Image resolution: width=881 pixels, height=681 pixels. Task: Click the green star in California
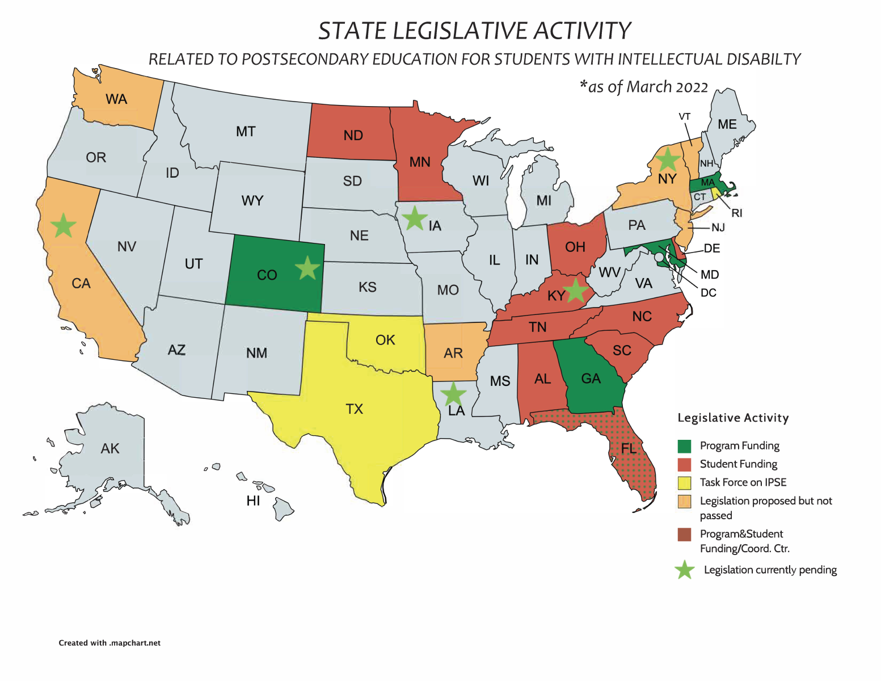[x=64, y=226]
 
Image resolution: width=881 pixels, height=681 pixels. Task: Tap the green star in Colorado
[x=307, y=267]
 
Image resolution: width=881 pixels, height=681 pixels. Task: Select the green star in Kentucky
[x=576, y=290]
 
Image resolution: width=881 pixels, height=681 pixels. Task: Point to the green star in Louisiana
[x=453, y=393]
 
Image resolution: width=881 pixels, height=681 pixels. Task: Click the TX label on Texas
[x=355, y=409]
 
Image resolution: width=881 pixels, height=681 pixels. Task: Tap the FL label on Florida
[x=629, y=449]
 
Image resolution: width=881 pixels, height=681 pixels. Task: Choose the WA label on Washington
[x=116, y=99]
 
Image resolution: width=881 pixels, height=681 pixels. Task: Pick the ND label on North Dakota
[x=353, y=136]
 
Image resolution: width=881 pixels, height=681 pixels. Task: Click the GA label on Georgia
[x=591, y=379]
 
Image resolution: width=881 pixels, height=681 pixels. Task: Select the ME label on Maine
[x=727, y=124]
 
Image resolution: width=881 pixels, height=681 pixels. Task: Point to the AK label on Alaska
[x=110, y=449]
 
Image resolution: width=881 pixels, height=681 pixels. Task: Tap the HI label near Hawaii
[x=253, y=501]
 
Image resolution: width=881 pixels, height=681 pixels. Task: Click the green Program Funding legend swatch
[x=685, y=446]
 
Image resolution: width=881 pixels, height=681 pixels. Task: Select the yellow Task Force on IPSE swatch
[x=685, y=483]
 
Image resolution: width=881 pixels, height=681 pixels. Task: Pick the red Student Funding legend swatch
[x=685, y=464]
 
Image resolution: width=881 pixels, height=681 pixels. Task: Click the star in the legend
[x=685, y=570]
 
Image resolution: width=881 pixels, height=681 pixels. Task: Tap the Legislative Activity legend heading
[x=733, y=418]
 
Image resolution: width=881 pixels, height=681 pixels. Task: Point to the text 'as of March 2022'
[x=647, y=87]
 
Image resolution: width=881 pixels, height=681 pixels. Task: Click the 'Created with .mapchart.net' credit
[x=109, y=643]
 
